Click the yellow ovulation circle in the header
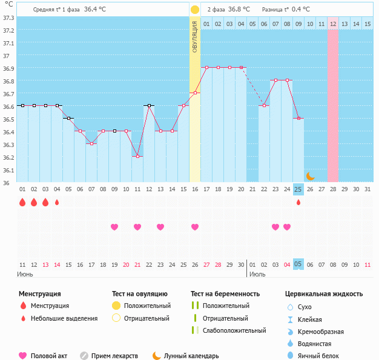point(195,10)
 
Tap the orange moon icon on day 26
point(310,176)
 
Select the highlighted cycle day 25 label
point(298,189)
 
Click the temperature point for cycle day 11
point(137,156)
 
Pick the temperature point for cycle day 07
point(91,143)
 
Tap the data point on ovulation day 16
point(195,93)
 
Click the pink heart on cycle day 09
point(114,227)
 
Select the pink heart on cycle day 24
point(287,227)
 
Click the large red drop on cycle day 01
point(22,202)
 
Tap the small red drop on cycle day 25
point(298,202)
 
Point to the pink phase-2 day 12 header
point(333,24)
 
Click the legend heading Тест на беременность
point(225,293)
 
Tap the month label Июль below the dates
point(257,274)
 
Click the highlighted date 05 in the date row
point(298,264)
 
